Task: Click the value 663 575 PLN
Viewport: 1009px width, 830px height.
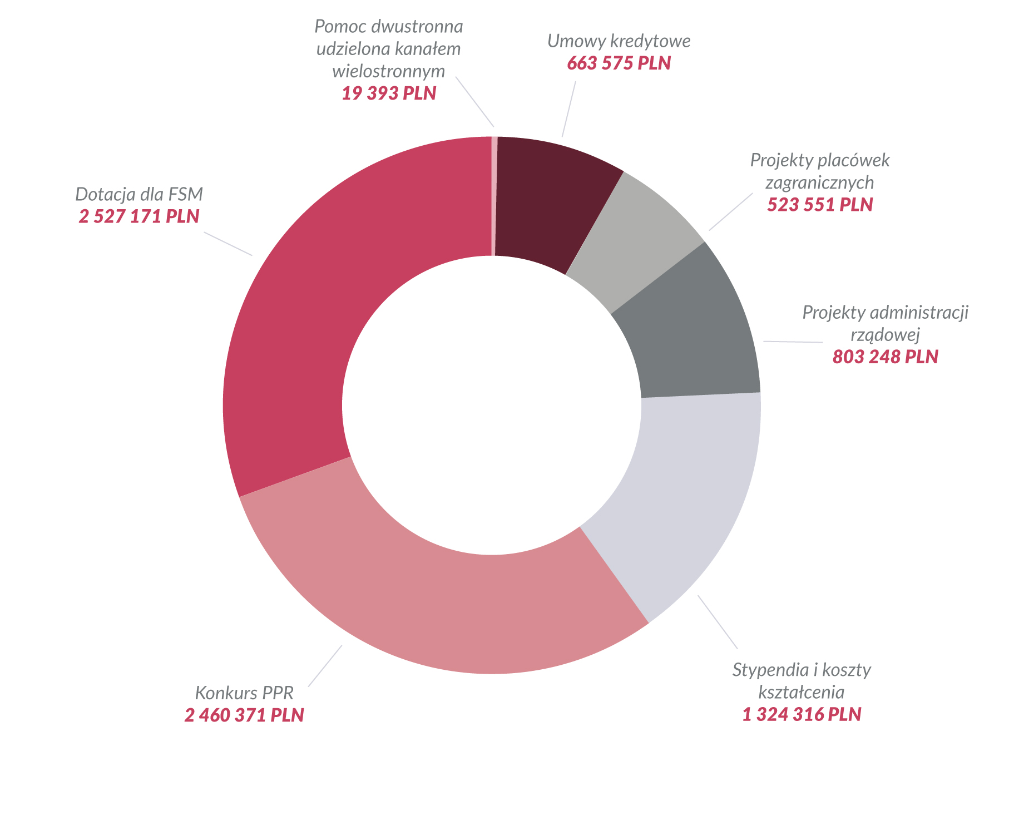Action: pyautogui.click(x=619, y=63)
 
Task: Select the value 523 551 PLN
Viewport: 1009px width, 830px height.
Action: pyautogui.click(x=820, y=205)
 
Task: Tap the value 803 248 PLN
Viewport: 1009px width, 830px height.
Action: pyautogui.click(x=885, y=357)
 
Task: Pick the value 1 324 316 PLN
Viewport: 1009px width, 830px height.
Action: pyautogui.click(x=802, y=714)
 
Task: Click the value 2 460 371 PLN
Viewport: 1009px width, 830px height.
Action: pyautogui.click(x=244, y=715)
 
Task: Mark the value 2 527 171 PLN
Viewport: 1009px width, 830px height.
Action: pyautogui.click(x=139, y=216)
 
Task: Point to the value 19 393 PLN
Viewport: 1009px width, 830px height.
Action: pyautogui.click(x=389, y=93)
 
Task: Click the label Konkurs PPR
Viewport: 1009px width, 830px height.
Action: pyautogui.click(x=244, y=693)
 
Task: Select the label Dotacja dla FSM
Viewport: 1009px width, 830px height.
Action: pyautogui.click(x=139, y=194)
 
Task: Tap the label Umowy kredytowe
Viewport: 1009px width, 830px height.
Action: pyautogui.click(x=619, y=41)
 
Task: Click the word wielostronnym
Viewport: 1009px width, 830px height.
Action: pyautogui.click(x=389, y=71)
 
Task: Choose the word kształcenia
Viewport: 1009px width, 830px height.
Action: pyautogui.click(x=802, y=692)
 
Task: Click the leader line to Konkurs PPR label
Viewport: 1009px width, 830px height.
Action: pyautogui.click(x=325, y=665)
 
